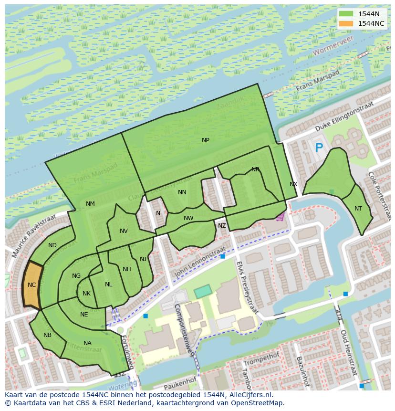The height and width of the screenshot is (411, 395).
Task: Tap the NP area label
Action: [x=206, y=140]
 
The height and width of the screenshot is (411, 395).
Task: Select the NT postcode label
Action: [x=358, y=209]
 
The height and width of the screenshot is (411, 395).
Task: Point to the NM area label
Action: [x=90, y=204]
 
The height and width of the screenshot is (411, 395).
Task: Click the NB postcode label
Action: [x=47, y=335]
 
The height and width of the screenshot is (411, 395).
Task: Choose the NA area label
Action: [x=87, y=343]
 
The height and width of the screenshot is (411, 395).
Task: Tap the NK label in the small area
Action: [x=86, y=294]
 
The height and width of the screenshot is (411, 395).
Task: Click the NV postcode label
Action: [x=124, y=231]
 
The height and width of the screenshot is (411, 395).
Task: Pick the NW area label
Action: [x=188, y=218]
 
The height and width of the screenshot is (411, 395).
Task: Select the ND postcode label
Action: [x=52, y=245]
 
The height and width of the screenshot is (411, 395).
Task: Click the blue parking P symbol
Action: [x=319, y=148]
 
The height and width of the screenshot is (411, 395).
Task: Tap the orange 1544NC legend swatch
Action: [x=347, y=23]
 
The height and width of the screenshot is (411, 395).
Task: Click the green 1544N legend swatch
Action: [x=347, y=14]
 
